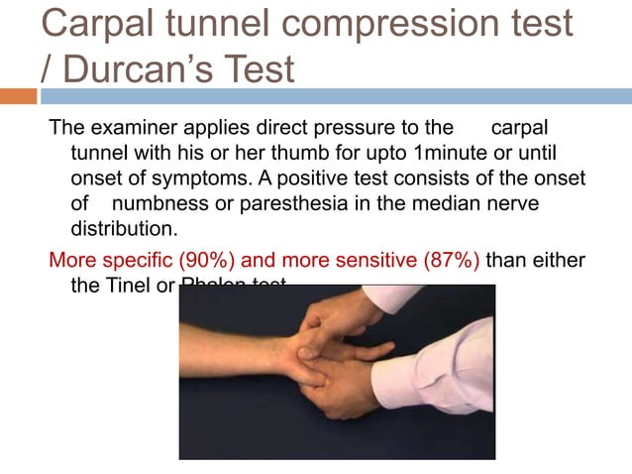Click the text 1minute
(x=454, y=154)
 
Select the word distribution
(x=123, y=228)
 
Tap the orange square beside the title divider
(x=19, y=96)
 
